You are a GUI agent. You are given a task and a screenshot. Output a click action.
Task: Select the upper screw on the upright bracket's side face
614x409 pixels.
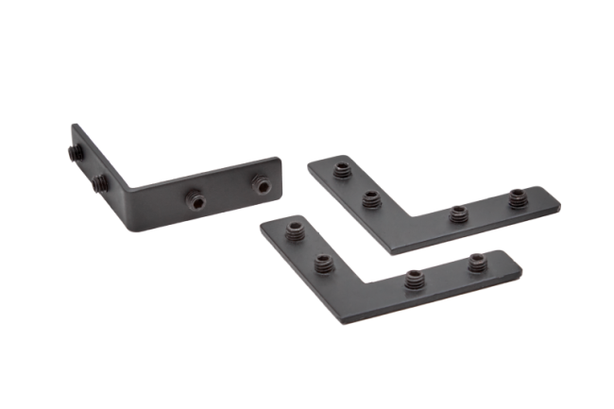76,150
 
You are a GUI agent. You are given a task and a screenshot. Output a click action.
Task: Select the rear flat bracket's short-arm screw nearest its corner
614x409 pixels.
370,200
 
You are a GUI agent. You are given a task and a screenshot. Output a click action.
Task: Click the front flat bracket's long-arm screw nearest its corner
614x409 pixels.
414,279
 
